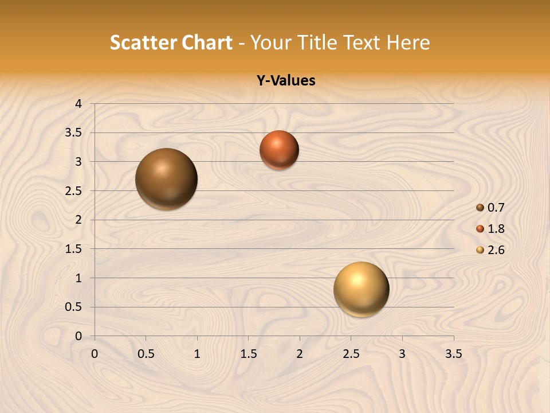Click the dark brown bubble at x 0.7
(x=166, y=179)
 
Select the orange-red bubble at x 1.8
(x=279, y=150)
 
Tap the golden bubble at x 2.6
(x=361, y=289)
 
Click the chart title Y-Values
(x=285, y=81)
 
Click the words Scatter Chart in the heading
(x=171, y=42)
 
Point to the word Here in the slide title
(x=408, y=42)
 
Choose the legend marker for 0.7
(x=480, y=208)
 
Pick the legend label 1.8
(x=496, y=229)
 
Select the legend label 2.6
(x=496, y=250)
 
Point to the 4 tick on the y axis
(x=78, y=104)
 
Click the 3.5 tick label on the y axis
(x=73, y=133)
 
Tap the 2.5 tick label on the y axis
(x=73, y=191)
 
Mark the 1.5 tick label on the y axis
(x=73, y=249)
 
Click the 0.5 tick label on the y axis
(x=73, y=307)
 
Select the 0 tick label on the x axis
(x=95, y=354)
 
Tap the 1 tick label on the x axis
(x=197, y=354)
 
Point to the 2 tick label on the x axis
(x=300, y=354)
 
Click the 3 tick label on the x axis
(x=402, y=354)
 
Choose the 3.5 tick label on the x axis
(x=453, y=354)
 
